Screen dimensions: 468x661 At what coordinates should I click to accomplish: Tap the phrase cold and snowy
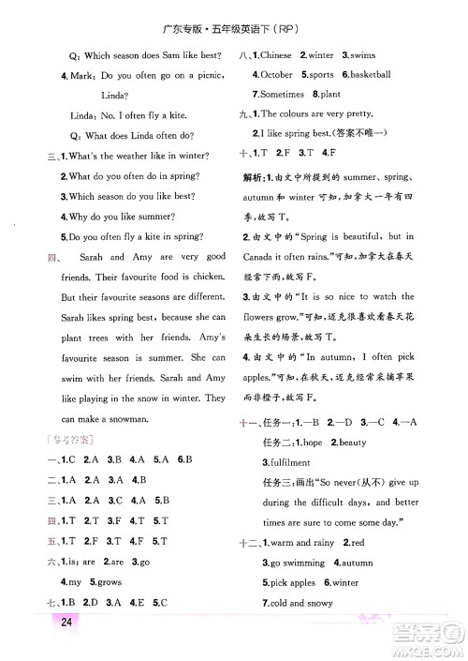click(x=301, y=603)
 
